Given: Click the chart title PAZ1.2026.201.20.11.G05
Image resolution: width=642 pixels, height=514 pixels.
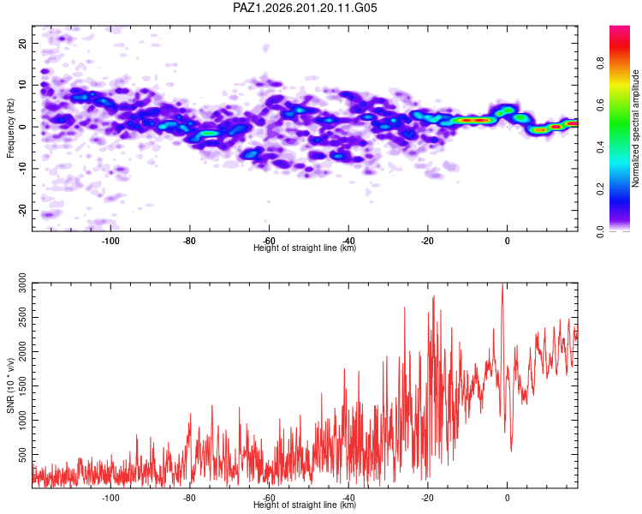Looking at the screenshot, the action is coord(305,8).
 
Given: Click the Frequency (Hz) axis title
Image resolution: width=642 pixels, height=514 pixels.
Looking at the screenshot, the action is coord(10,128).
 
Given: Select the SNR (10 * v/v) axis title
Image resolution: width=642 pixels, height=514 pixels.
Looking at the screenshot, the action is coord(10,385).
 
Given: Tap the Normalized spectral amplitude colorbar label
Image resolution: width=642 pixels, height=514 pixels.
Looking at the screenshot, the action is coord(635,128).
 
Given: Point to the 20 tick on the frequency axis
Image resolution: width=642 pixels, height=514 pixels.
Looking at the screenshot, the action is coord(23,43).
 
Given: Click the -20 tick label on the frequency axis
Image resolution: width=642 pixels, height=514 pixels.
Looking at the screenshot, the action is coord(23,210).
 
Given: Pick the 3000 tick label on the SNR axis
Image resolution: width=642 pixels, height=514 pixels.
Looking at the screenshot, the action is coord(23,284).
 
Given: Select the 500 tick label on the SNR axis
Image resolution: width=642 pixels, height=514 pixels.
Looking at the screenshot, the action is coord(23,454).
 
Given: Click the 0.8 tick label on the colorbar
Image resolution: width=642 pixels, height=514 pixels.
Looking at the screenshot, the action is coord(600,63).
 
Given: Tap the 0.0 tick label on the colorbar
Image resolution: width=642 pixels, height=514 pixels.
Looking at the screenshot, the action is coord(600,231).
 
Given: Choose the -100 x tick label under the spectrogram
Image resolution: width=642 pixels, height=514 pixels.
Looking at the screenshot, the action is coord(110,241).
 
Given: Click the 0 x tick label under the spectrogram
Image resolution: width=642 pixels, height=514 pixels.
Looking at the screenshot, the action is coord(508,241).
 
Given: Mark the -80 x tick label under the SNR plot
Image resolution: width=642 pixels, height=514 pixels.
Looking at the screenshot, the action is coord(189,498).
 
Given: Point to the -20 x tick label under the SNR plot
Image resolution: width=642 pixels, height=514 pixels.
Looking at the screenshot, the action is coord(427,498).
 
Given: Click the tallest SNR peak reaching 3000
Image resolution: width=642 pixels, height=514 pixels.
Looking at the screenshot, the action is coord(502,284).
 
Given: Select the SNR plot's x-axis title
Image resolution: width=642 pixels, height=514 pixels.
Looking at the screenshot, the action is coord(305,505).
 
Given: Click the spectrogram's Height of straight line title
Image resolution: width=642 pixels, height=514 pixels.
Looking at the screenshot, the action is coord(305,248).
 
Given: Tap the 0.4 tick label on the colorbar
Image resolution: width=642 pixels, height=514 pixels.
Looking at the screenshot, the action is coord(600,147).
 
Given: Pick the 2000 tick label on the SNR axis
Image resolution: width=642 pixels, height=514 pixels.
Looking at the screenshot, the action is coord(23,352).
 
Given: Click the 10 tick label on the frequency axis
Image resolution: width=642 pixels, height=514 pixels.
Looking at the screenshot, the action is coord(23,85).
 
